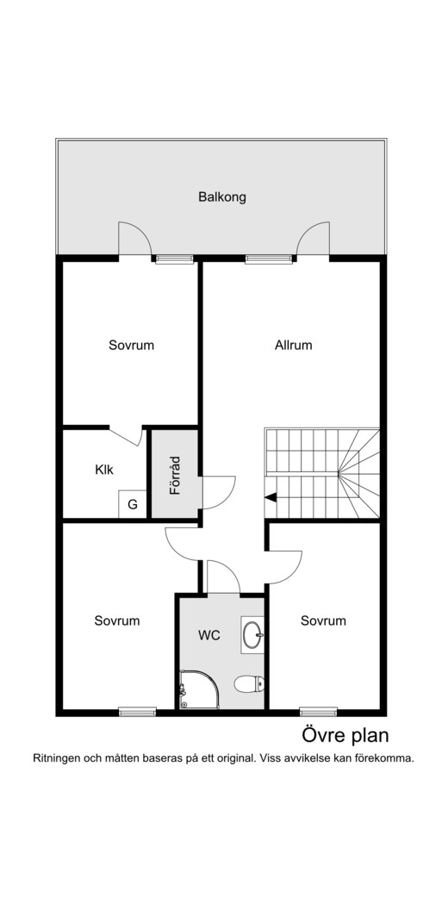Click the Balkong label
click(222, 197)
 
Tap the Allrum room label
click(294, 346)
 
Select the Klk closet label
click(104, 470)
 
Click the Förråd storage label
click(175, 476)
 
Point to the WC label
click(208, 636)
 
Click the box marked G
click(133, 504)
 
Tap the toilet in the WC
click(250, 684)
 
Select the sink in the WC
click(252, 635)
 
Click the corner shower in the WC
click(200, 689)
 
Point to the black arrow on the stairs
click(271, 497)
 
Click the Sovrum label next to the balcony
click(132, 346)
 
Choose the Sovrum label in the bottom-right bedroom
click(323, 621)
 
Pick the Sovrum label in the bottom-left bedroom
click(117, 621)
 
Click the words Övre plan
click(345, 736)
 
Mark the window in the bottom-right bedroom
click(318, 712)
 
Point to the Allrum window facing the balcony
click(269, 259)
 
